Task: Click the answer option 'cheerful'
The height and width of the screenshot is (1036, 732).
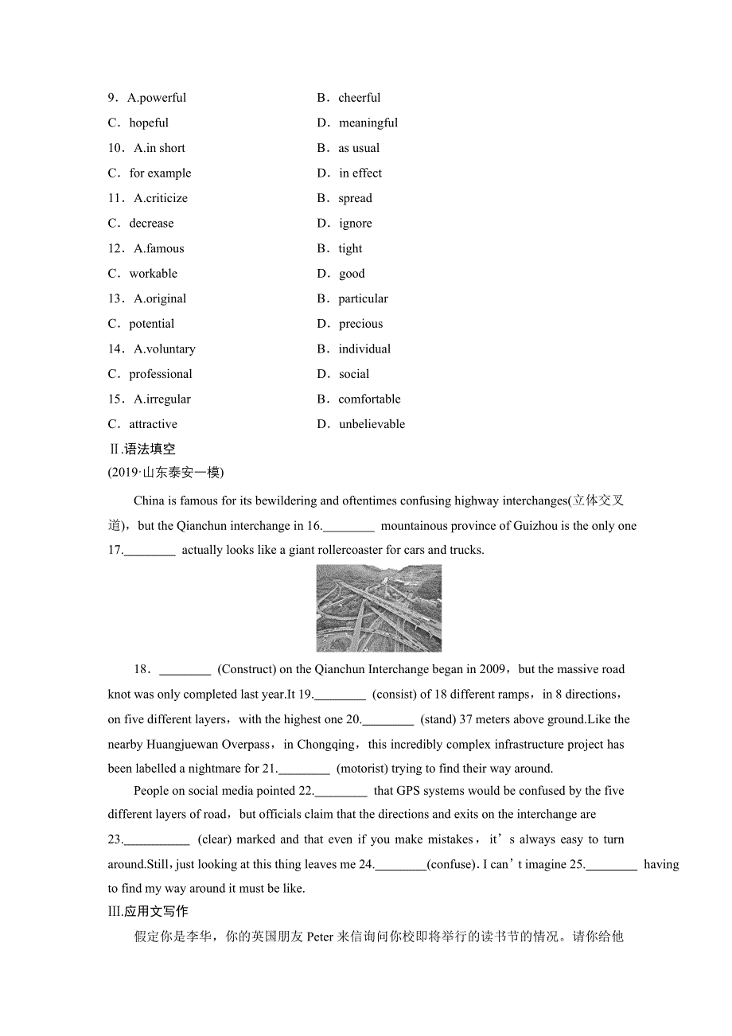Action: [359, 98]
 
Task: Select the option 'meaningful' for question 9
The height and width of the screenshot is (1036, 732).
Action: [368, 123]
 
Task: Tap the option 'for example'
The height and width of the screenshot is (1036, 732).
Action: [160, 173]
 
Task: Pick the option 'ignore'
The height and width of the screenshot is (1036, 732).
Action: [355, 224]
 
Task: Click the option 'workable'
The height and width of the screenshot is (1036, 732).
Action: [154, 274]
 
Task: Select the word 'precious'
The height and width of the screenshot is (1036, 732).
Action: [360, 324]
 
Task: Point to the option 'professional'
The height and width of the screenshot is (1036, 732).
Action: [161, 374]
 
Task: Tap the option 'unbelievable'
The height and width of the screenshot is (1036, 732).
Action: [372, 424]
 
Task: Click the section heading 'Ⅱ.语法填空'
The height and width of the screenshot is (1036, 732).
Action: [142, 449]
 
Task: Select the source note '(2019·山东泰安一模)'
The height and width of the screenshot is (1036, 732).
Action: [165, 473]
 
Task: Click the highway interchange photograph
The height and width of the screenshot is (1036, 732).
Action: [379, 608]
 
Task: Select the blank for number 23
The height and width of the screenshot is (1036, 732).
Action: [158, 839]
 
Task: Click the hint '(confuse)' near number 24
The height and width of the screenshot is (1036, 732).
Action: [451, 864]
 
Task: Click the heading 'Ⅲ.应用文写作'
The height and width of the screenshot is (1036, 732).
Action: [148, 911]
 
